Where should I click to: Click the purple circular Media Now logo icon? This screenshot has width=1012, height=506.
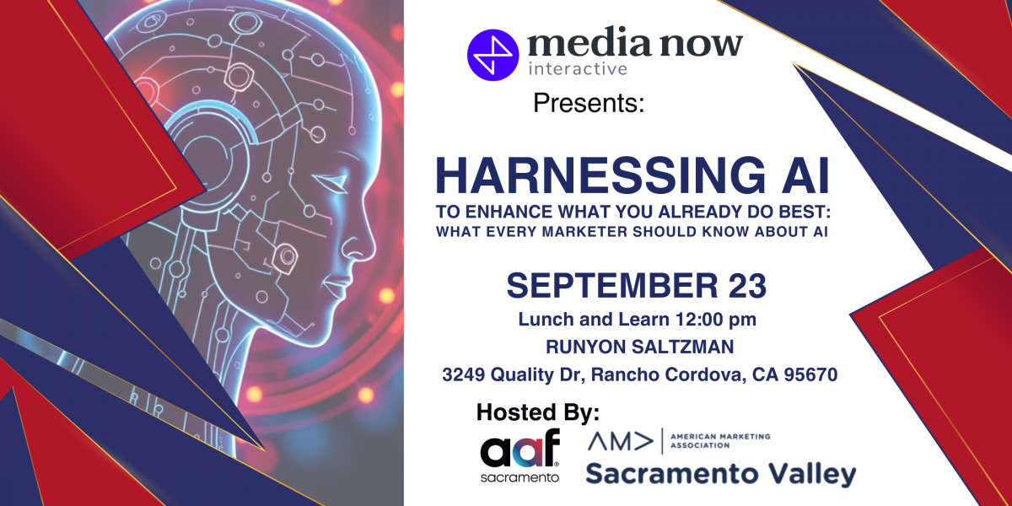pos(493,55)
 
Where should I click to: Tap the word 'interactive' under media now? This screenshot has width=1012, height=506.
pos(578,68)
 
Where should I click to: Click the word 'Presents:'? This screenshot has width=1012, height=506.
pos(589,103)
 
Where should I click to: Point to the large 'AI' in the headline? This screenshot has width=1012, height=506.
pos(806,175)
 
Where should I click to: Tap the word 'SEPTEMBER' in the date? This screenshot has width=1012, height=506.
pos(612,286)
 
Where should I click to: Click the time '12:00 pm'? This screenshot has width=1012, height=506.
pos(716,320)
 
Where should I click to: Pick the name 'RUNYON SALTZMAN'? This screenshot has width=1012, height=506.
pos(640,347)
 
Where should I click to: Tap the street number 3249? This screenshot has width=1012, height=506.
pos(464,374)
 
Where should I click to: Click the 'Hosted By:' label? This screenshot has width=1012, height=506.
pos(538,412)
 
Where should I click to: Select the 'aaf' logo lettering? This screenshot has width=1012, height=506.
pos(520,448)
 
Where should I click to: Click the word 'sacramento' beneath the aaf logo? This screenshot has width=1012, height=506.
pos(519,477)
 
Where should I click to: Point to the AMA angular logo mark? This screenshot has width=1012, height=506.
pos(621,442)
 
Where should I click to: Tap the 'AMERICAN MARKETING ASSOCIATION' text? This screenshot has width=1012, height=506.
pos(719,441)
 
